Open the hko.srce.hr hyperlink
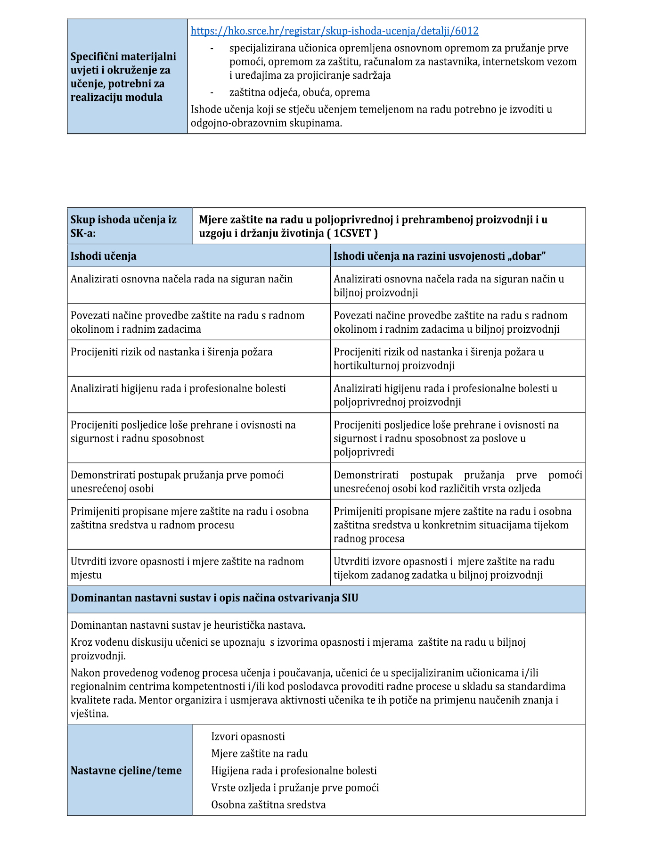pyautogui.click(x=335, y=31)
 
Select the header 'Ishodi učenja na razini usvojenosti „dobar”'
pyautogui.click(x=439, y=256)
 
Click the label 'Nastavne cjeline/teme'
pyautogui.click(x=126, y=771)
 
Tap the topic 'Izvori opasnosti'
pyautogui.click(x=248, y=737)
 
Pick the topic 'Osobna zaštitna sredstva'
pyautogui.click(x=268, y=805)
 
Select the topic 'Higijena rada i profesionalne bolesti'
pyautogui.click(x=294, y=771)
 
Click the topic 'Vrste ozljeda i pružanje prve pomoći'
pyautogui.click(x=295, y=788)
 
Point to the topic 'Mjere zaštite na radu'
pyautogui.click(x=259, y=754)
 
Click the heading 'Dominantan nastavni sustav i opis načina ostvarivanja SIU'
pyautogui.click(x=214, y=598)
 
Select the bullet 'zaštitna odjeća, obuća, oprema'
pyautogui.click(x=299, y=92)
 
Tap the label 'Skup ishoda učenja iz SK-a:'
pyautogui.click(x=123, y=226)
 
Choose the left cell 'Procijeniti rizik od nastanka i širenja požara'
pyautogui.click(x=171, y=352)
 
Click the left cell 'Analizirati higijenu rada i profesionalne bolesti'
pyautogui.click(x=178, y=388)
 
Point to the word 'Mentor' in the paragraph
pyautogui.click(x=155, y=700)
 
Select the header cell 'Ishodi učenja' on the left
pyautogui.click(x=104, y=256)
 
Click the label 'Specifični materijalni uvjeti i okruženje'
pyautogui.click(x=123, y=77)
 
